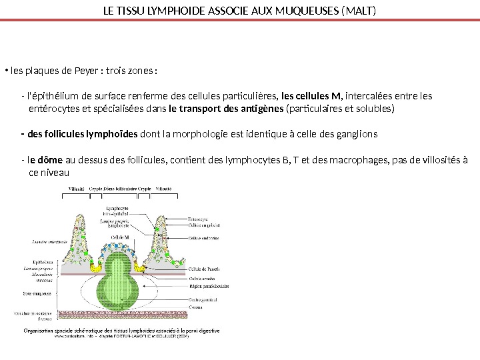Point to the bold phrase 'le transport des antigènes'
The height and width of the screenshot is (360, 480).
[x=226, y=108]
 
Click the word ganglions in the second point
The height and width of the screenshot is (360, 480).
[x=357, y=134]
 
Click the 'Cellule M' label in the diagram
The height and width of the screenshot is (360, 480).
[x=121, y=237]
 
